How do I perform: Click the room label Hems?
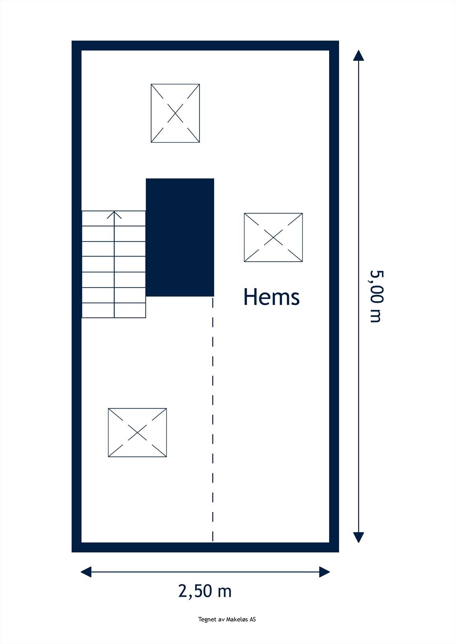pos(272,297)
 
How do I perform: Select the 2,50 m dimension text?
pos(205,591)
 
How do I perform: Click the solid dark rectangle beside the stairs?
pos(180,237)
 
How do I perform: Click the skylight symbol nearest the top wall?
pos(175,113)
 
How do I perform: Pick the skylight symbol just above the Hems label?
pos(273,237)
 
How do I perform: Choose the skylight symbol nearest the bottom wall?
pos(138,433)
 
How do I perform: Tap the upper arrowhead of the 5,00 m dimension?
pos(358,56)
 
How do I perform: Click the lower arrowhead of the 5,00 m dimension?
pos(358,537)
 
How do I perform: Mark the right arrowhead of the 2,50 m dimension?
pos(325,572)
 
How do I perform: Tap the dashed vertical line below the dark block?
pos(213,419)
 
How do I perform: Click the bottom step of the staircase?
pos(114,310)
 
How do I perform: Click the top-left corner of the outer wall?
pos(76,45)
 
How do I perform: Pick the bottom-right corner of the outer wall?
pos(334,547)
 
